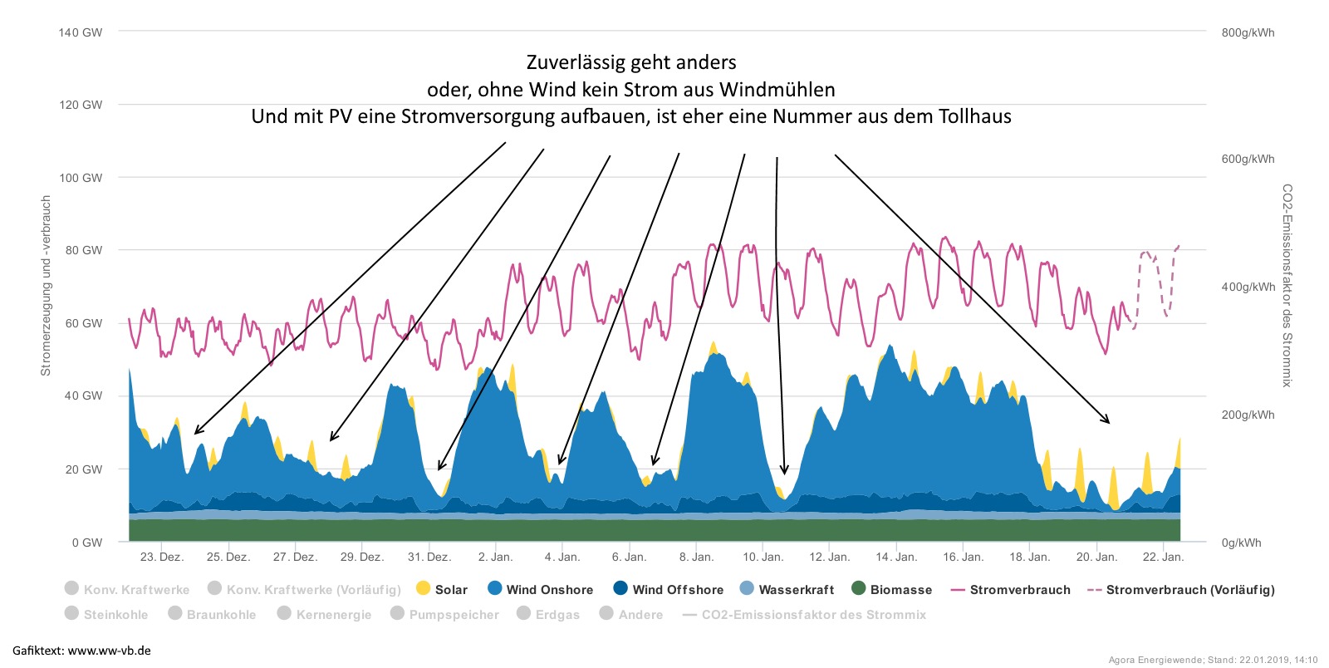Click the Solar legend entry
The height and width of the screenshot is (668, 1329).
pos(442,590)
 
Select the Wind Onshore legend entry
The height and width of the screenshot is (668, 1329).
pos(540,590)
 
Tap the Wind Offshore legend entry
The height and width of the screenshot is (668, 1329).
pos(668,590)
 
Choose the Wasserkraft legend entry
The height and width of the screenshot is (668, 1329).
pos(787,590)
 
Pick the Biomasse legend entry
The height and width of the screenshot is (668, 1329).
pos(892,590)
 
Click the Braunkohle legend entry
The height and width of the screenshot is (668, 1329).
pos(212,615)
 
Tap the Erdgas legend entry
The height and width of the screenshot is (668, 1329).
pos(548,615)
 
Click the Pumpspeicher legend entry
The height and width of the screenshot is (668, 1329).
pos(445,615)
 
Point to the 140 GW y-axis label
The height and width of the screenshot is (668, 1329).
pos(81,32)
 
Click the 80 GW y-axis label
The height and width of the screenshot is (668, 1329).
pos(84,250)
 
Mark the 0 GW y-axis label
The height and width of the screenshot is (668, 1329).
pos(87,543)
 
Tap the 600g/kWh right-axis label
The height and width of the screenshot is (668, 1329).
pos(1248,159)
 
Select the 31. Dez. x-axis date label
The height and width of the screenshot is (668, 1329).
pos(429,557)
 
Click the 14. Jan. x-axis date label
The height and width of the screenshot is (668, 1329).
pos(896,557)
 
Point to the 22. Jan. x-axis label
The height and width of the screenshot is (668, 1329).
pos(1163,557)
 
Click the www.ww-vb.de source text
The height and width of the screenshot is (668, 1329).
pos(110,651)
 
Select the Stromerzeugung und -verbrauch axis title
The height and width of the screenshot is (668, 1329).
pos(47,286)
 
